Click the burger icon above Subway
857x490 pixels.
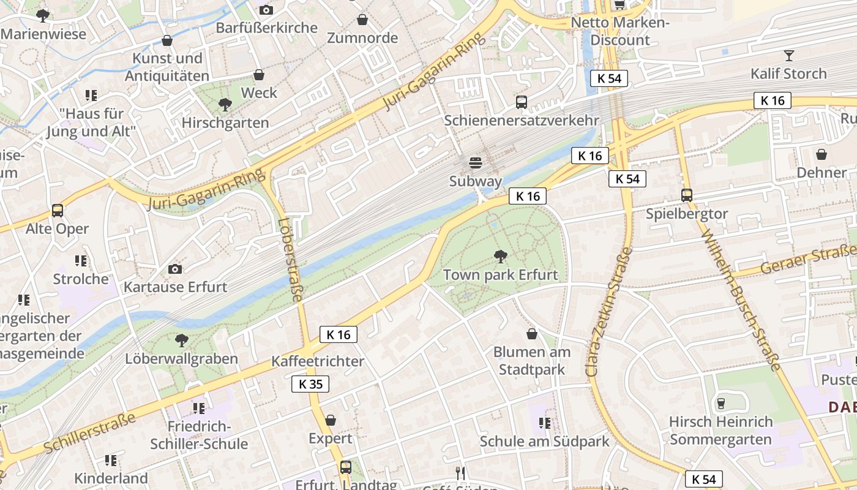[475, 163]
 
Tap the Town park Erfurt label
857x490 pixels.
[500, 274]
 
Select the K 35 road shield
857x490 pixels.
[310, 384]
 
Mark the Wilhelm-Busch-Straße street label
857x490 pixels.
[740, 300]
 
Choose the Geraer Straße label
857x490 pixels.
[808, 260]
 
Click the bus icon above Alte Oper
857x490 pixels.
[58, 210]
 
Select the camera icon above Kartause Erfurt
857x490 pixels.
[175, 269]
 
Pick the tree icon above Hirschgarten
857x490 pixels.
[225, 105]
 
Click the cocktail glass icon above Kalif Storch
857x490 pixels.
[788, 56]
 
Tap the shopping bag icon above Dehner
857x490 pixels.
[821, 154]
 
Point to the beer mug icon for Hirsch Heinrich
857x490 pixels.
[720, 404]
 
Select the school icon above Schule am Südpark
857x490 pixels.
[544, 423]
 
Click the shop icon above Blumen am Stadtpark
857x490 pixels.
[532, 334]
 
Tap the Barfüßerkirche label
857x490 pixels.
[266, 28]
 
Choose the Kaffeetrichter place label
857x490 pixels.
[317, 361]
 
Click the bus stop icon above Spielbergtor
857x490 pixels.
[687, 195]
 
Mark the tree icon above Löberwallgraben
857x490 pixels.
[181, 341]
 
